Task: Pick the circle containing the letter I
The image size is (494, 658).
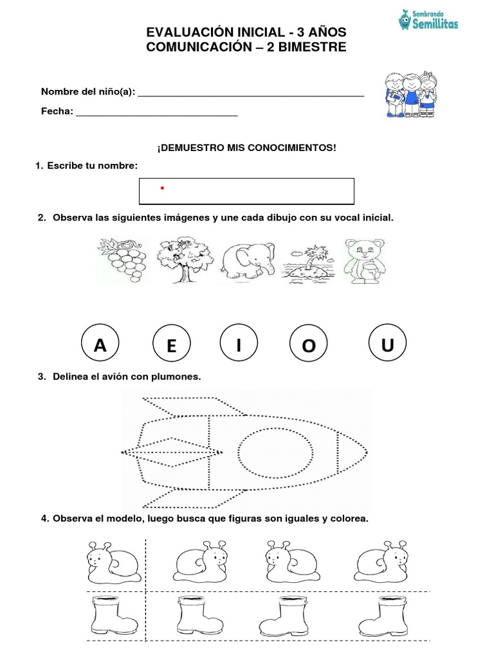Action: (x=239, y=346)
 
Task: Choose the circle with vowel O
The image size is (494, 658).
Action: (x=309, y=346)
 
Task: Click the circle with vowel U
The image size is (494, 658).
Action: (x=387, y=345)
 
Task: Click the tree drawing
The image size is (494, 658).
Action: (x=181, y=260)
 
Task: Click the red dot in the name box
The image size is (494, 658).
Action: (x=162, y=188)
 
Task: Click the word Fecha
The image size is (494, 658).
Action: (x=56, y=111)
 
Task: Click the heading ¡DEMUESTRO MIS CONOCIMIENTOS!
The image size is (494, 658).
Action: (x=246, y=148)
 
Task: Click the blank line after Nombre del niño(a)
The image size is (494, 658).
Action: (x=251, y=94)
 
